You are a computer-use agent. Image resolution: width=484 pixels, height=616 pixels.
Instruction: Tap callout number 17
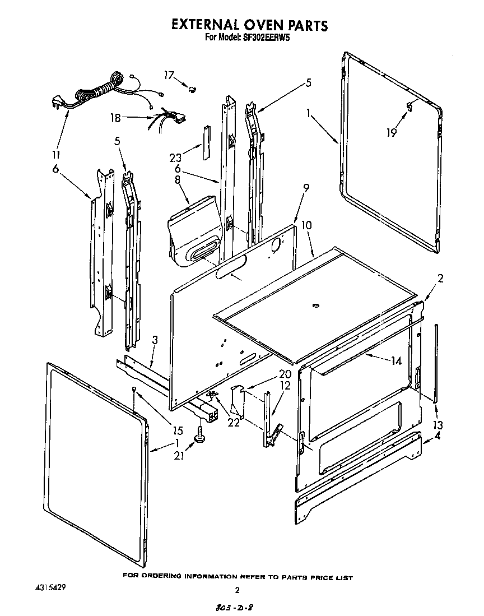tap(169, 75)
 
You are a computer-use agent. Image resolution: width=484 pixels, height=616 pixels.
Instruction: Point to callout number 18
tap(115, 118)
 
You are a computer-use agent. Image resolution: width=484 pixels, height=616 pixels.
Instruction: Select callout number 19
tap(391, 132)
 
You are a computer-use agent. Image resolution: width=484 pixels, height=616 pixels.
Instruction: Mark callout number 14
tap(396, 362)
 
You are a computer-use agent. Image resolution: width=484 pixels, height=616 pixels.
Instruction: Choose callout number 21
tap(179, 456)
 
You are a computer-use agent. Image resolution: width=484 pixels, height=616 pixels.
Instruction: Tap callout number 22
tap(233, 422)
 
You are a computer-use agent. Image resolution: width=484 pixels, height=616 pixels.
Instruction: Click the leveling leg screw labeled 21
tap(199, 434)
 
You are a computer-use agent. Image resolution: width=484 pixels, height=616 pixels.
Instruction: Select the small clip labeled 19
tap(410, 105)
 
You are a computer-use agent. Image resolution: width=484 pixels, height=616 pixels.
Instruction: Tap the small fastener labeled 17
tap(193, 88)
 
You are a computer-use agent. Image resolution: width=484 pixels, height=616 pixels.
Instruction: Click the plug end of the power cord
tap(57, 102)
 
